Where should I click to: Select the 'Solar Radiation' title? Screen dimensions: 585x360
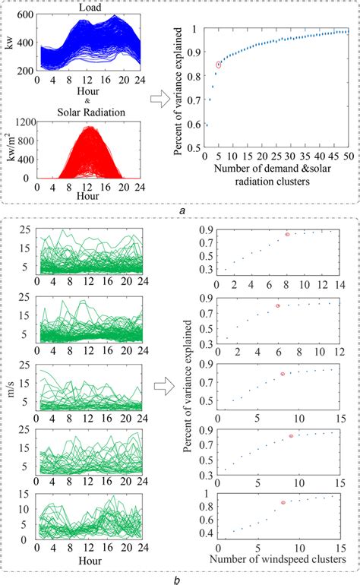(88, 113)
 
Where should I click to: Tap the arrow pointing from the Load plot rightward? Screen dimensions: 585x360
(159, 97)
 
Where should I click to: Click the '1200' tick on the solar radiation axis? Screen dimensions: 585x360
(25, 121)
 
